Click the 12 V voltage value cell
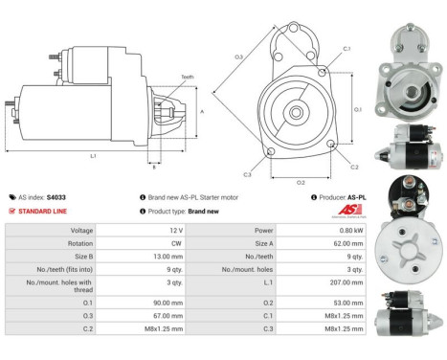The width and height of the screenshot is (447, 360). click(x=175, y=231)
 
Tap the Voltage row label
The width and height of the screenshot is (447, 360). click(x=81, y=231)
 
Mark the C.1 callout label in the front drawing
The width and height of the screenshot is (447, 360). click(x=346, y=48)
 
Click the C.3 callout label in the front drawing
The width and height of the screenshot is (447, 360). click(x=247, y=173)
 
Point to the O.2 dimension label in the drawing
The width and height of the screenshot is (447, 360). click(x=301, y=181)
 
